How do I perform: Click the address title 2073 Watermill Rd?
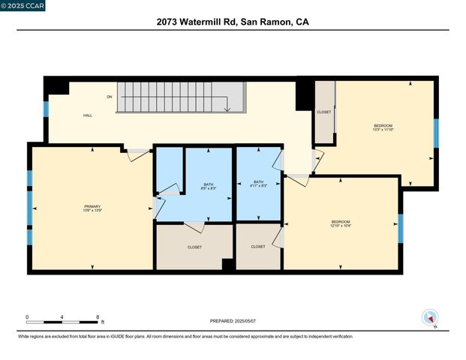(233, 22)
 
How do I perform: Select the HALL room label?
(87, 115)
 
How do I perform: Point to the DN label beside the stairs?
(110, 97)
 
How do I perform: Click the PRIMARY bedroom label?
(92, 208)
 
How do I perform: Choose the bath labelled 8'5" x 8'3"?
(209, 186)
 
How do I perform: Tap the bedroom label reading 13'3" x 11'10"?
(383, 127)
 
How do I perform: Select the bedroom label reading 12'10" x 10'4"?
(341, 223)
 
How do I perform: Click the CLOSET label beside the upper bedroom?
(324, 112)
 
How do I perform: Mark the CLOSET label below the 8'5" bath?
(194, 247)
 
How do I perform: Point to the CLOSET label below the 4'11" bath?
(258, 247)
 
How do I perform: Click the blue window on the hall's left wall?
(46, 109)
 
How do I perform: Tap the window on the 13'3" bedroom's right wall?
(435, 132)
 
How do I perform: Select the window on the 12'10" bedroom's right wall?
(400, 229)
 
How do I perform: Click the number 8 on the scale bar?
(98, 317)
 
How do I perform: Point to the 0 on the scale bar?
(28, 317)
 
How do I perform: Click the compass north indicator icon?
(429, 317)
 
